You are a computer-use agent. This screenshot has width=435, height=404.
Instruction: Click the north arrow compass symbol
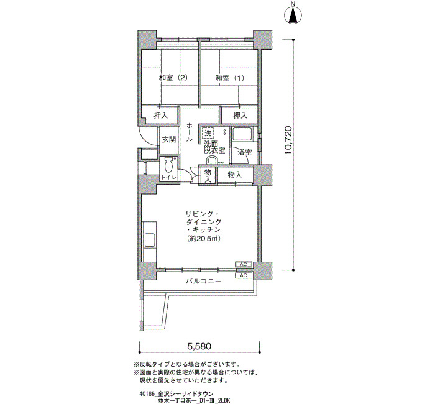point(293,13)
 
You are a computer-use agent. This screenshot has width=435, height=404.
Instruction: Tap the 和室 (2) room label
point(173,78)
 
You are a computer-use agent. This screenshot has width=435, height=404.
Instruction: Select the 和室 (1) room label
point(230,78)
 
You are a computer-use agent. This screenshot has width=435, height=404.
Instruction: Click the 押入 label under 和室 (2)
point(161,116)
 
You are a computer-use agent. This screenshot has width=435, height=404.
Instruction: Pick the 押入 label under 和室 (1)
point(240,115)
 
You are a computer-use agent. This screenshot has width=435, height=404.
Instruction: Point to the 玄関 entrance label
point(169,139)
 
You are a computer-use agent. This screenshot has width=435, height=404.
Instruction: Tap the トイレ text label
point(169,177)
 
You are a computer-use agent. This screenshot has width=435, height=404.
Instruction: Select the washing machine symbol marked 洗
point(208,132)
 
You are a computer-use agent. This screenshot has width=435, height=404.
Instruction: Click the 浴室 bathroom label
point(244,152)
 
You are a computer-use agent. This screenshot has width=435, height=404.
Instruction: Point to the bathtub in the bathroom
point(242,134)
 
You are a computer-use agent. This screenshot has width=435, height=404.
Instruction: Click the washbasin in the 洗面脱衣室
point(213,160)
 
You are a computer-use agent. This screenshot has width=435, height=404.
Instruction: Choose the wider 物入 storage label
point(235,175)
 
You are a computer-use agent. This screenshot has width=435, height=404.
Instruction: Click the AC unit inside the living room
point(244,264)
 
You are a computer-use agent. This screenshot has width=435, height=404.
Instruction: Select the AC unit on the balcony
point(244,275)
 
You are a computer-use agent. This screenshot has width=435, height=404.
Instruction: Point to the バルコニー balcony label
point(203,282)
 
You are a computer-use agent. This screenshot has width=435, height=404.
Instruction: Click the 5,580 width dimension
point(199,346)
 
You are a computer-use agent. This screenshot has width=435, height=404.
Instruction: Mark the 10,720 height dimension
point(288,140)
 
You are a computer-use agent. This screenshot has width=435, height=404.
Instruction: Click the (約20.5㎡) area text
point(204,238)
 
